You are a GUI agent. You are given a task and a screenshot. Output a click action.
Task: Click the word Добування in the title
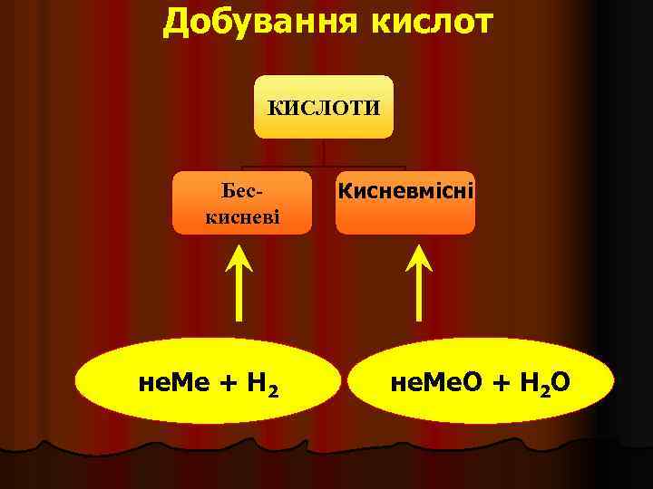click(x=260, y=22)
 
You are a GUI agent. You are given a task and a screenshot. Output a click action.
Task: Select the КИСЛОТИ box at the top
click(x=324, y=107)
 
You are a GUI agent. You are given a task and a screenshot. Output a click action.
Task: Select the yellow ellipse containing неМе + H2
click(x=208, y=385)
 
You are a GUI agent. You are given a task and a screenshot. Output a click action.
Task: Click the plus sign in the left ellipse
click(x=227, y=385)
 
